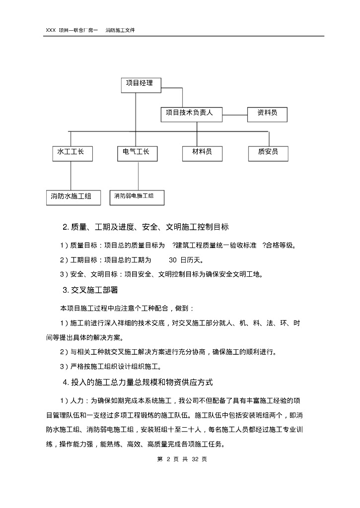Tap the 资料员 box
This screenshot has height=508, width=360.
pos(267,114)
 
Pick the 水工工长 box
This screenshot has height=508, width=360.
pos(71,153)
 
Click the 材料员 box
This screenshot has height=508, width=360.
pos(202,153)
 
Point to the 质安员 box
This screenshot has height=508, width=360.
pos(268,153)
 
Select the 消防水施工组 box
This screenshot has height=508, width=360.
pos(71,197)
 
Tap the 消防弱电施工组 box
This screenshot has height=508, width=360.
pos(137,197)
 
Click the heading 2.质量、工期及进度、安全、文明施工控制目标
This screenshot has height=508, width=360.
pos(145,227)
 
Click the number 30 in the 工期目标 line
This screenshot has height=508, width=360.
pos(173,259)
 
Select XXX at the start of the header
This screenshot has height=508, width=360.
pos(51,30)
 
